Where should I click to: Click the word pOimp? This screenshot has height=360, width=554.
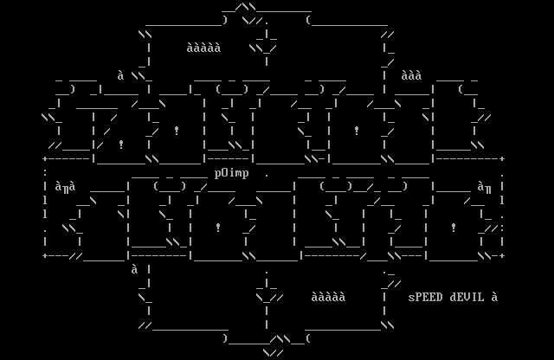point(232,173)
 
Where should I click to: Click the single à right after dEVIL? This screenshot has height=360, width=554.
point(495,297)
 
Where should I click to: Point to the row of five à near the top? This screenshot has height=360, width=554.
point(204,48)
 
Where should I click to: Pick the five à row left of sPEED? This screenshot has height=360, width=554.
point(329,297)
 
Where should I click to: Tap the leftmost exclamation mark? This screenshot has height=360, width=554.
point(121,145)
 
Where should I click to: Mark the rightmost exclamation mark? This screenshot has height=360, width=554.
point(454,228)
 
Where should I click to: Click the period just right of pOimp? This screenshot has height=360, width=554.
point(267,173)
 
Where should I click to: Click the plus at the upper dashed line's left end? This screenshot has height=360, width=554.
point(45,159)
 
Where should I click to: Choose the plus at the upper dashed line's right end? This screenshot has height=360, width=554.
point(502,159)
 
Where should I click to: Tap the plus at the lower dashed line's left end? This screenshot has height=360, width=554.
point(45,256)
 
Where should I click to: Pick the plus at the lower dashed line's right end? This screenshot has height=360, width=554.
point(502,256)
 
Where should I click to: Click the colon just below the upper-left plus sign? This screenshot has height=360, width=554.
point(45,173)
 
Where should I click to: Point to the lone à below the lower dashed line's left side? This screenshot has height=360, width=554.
point(135,269)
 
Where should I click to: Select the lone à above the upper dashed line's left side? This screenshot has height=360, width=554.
point(121,75)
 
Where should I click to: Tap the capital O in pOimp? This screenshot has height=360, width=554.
point(225,173)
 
